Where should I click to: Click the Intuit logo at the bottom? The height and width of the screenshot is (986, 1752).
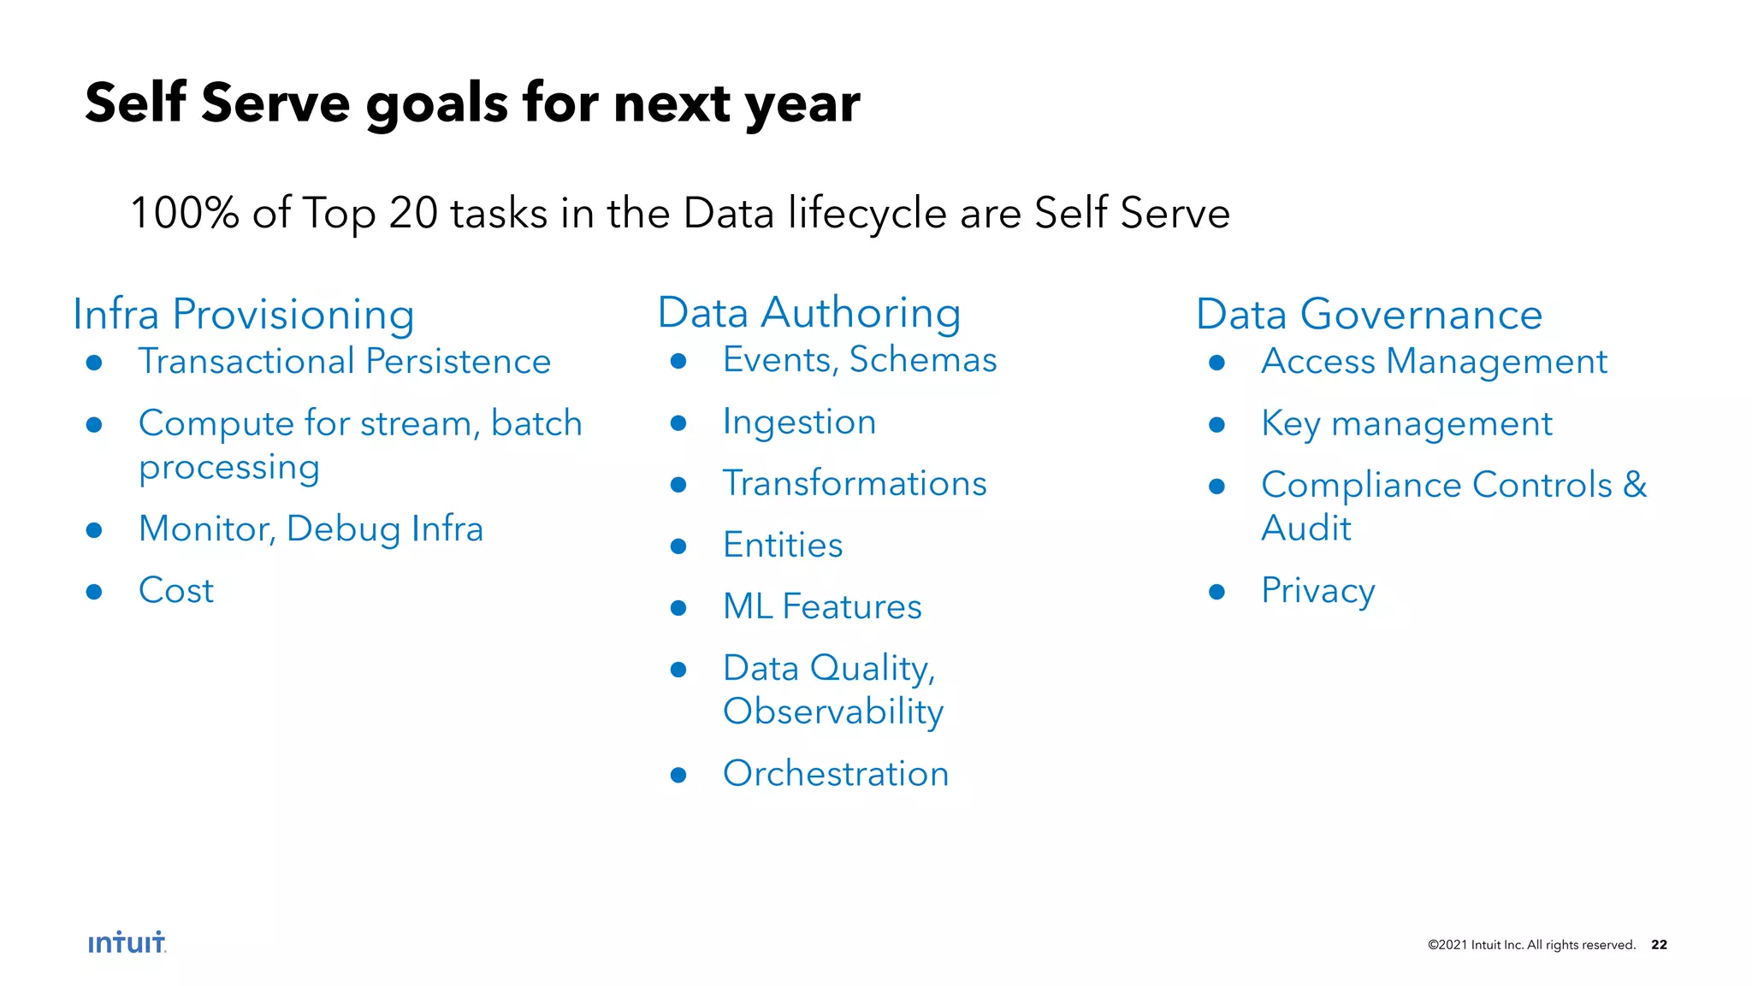(x=127, y=942)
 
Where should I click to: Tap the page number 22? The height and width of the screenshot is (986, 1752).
(x=1659, y=944)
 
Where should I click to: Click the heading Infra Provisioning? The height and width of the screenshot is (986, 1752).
(x=244, y=314)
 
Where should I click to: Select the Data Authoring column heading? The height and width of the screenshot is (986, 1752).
(x=808, y=312)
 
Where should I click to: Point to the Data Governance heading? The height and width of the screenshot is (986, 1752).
(x=1369, y=314)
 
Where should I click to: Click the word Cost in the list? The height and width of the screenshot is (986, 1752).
(x=176, y=590)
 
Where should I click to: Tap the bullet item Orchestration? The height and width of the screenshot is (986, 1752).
(x=836, y=773)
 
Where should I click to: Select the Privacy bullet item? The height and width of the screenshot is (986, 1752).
(x=1317, y=591)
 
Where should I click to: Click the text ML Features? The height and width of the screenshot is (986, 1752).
(x=822, y=606)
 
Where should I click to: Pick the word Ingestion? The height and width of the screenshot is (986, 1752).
(x=799, y=422)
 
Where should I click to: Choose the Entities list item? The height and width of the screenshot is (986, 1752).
(x=783, y=545)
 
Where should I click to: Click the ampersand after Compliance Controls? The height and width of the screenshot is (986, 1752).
(x=1635, y=484)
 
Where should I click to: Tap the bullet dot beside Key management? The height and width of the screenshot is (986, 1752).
(x=1216, y=424)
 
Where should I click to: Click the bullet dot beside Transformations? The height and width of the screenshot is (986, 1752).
(x=678, y=485)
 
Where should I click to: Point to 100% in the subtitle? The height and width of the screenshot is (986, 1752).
(x=184, y=212)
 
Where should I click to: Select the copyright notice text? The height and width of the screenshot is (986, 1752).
(x=1531, y=944)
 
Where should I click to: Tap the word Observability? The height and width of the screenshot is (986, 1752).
(x=833, y=711)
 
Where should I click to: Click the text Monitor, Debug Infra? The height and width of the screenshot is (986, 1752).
(x=311, y=528)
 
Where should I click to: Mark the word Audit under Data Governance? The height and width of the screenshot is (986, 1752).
(x=1306, y=528)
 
